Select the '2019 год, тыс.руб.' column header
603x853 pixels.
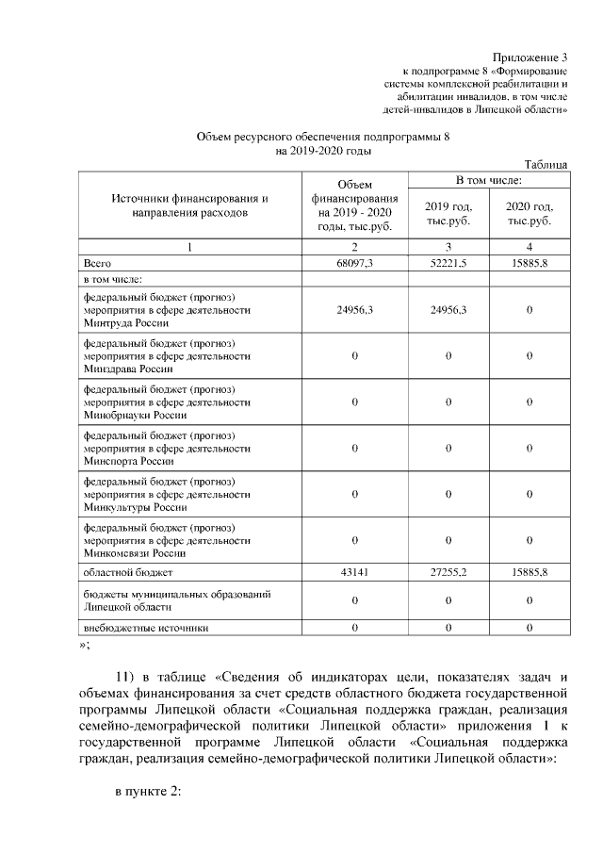pos(448,213)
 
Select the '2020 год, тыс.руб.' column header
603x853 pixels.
pos(530,213)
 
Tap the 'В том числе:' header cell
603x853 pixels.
pos(489,178)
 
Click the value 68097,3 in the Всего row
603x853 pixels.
pos(354,263)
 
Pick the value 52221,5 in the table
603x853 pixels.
pos(448,263)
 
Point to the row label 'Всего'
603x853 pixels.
pos(98,263)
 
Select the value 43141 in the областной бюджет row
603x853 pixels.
pos(354,572)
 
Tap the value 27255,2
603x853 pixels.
pos(448,572)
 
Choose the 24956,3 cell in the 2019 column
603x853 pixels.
pos(448,309)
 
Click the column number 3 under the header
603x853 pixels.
pos(448,246)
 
